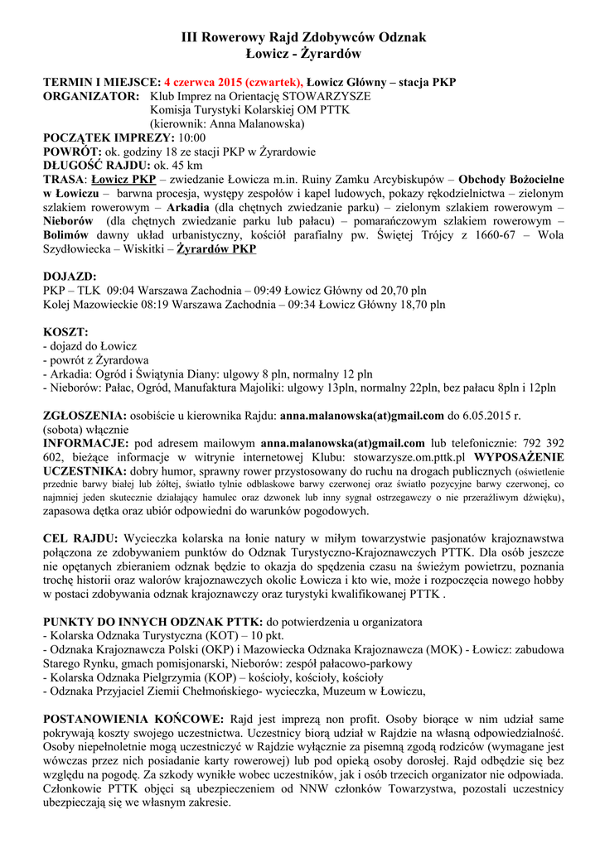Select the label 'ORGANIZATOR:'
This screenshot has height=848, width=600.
tap(91, 96)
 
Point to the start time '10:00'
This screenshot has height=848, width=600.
tap(191, 137)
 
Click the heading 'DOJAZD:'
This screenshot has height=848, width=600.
tap(70, 277)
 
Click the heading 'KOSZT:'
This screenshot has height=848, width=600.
tap(65, 331)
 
